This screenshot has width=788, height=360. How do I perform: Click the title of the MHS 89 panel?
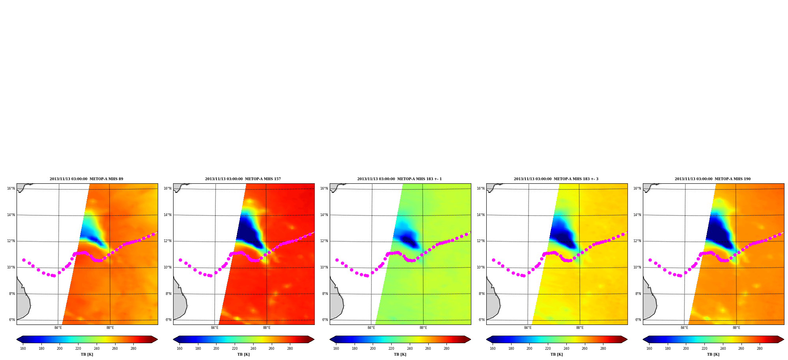pos(86,179)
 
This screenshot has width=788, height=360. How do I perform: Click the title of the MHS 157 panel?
pos(243,179)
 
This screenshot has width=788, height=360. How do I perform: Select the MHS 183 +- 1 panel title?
pos(400,179)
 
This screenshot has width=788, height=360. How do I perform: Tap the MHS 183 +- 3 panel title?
pos(556,179)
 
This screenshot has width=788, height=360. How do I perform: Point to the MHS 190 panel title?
pos(713,179)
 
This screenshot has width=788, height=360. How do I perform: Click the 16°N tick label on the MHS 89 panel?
pos(11,188)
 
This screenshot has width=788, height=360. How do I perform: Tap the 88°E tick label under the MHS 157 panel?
pos(267,328)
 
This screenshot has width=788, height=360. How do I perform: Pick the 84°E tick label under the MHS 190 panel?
pos(684,328)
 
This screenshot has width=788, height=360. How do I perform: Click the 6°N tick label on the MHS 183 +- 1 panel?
pos(325,320)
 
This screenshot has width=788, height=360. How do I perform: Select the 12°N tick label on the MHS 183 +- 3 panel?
pos(480,241)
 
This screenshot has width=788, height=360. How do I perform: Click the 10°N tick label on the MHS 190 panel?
pos(637,267)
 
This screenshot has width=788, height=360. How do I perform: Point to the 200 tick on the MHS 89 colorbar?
pos(60,349)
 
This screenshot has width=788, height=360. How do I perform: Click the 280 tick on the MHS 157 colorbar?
pos(290,349)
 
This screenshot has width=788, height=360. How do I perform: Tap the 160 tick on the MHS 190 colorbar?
pos(649,349)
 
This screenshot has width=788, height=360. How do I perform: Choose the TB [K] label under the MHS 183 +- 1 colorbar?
pos(400,354)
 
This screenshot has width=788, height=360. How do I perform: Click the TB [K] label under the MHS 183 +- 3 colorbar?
pos(556,354)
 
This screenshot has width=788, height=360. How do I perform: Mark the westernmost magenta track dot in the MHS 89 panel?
pos(24,260)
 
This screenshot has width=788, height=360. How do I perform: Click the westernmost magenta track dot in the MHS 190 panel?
pos(650,260)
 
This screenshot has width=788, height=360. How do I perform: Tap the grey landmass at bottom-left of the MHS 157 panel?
pos(180,300)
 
